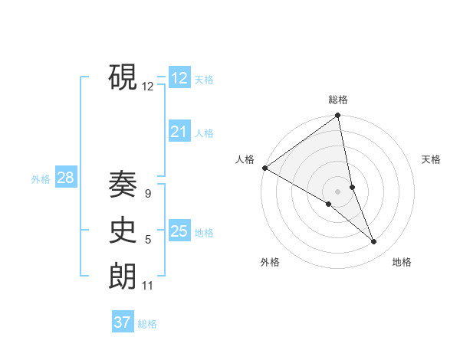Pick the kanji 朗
(123, 275)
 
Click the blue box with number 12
(179, 78)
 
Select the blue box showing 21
(179, 132)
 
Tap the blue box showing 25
(179, 231)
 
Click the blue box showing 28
(65, 178)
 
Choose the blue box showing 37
(123, 322)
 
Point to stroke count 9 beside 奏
(147, 194)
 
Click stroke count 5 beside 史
(148, 240)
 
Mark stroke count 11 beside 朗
(148, 286)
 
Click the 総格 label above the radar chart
(338, 100)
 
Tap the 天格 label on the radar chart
(431, 159)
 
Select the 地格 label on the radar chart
(402, 262)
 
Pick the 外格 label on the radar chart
(270, 262)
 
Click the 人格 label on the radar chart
(245, 159)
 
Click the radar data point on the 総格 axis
(338, 116)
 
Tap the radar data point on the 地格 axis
(374, 242)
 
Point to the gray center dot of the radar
(337, 191)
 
